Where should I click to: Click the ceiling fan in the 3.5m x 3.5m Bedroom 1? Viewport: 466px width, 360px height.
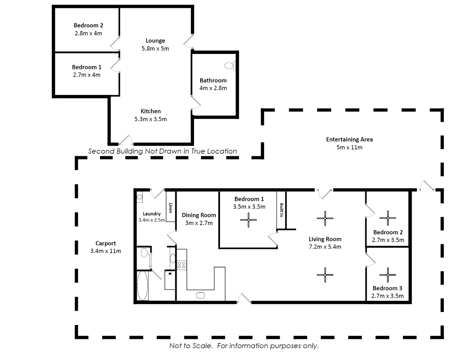(x=248, y=220)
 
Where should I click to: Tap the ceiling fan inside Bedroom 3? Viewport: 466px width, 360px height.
(x=388, y=275)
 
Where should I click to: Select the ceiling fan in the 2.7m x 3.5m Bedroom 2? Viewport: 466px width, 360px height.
(x=388, y=218)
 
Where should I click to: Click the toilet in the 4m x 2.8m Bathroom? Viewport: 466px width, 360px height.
(x=229, y=66)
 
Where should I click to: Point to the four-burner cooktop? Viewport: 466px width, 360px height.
(x=182, y=265)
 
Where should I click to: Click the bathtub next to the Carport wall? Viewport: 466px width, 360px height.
(x=143, y=286)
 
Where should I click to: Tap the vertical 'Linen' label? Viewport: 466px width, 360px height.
(x=170, y=208)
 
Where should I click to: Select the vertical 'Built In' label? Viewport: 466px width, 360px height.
(x=281, y=210)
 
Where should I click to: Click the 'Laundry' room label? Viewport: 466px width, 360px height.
(x=152, y=214)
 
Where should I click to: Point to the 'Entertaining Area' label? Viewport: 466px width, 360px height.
(x=349, y=139)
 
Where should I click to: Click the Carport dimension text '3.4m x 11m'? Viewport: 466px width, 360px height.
(x=106, y=251)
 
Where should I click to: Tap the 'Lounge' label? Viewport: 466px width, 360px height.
(x=155, y=41)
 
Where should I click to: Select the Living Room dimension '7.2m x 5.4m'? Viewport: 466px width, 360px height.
(x=325, y=247)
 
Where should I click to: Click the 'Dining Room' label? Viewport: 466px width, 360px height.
(x=199, y=215)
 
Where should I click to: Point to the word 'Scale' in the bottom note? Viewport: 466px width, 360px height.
(x=203, y=346)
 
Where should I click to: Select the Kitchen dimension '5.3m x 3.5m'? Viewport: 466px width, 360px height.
(x=151, y=119)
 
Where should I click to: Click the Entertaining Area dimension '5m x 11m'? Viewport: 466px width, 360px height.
(x=349, y=147)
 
